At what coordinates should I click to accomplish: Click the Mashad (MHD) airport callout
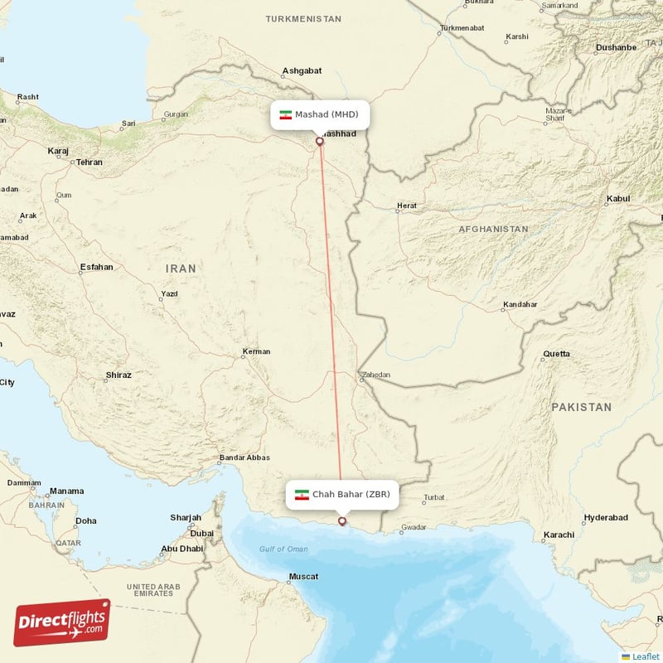(x=319, y=114)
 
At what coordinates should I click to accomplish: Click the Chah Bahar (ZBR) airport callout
(x=342, y=495)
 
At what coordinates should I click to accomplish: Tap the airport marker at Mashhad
(x=320, y=141)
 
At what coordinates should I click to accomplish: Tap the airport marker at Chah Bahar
(x=342, y=521)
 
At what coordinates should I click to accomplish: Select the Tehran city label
(x=89, y=162)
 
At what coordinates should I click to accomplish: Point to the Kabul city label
(x=618, y=199)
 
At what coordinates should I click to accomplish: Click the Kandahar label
(x=520, y=305)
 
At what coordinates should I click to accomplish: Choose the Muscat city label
(x=302, y=576)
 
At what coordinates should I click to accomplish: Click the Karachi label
(x=559, y=535)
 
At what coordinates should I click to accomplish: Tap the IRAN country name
(x=181, y=269)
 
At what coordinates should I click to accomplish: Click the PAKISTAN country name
(x=581, y=407)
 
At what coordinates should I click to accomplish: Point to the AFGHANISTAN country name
(x=494, y=229)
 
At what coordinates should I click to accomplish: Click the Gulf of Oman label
(x=283, y=549)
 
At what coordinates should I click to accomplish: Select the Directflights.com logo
(x=62, y=622)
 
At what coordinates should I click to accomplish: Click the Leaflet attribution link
(x=645, y=656)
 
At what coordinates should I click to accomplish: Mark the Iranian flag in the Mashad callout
(x=285, y=114)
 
